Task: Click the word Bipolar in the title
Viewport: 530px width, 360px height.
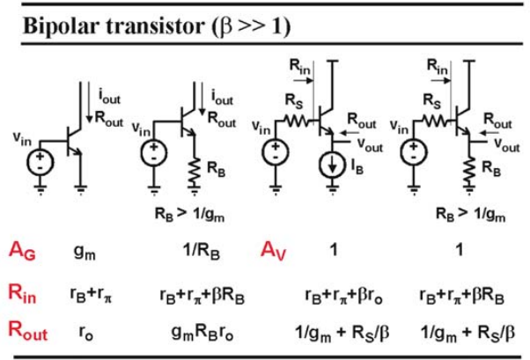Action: coord(62,26)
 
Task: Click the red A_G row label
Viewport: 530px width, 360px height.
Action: coord(22,252)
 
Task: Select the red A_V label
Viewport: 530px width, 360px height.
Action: coord(274,251)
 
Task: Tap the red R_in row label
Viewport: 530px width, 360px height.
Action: coord(22,293)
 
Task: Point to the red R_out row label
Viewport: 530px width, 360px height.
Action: coord(27,331)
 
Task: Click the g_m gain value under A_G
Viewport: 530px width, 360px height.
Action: coord(85,252)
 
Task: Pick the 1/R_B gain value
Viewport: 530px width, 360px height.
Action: coord(201,252)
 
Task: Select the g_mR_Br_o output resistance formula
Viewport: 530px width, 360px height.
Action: coord(202,333)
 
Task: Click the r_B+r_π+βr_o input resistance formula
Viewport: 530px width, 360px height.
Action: coord(343,296)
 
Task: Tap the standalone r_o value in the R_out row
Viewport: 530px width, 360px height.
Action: coord(86,333)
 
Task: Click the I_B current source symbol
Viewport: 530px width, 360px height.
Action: coord(333,165)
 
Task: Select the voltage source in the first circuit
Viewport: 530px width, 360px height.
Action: coord(40,162)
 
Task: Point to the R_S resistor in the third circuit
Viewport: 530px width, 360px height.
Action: coord(298,120)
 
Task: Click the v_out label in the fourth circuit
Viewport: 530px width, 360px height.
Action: coord(507,145)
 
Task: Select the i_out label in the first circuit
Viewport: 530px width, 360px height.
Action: coord(109,96)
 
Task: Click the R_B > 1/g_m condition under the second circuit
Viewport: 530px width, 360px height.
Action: coord(189,214)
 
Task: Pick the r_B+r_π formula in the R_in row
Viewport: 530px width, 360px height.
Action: coord(92,295)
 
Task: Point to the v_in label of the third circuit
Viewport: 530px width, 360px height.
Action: coord(261,128)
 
